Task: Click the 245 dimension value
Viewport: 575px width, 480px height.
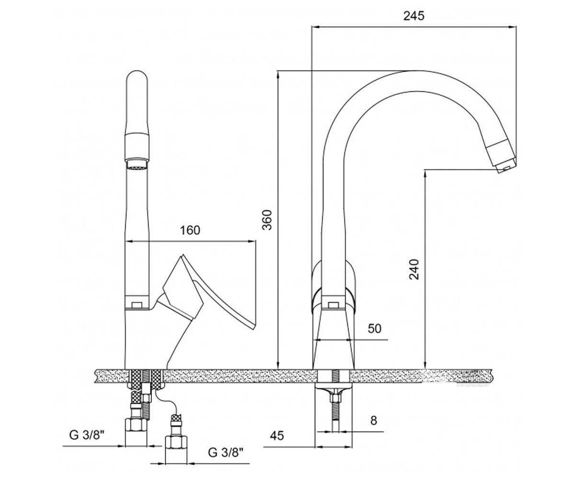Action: coord(414,16)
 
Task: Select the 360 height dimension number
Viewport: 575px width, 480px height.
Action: coord(267,220)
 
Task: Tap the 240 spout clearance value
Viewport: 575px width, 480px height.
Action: coord(414,269)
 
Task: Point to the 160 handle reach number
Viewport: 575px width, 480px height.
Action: coord(190,230)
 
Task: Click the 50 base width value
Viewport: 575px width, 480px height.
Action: coord(375,328)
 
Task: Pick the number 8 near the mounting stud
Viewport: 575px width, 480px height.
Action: coord(373,420)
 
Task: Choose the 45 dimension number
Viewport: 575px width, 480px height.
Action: coord(277,435)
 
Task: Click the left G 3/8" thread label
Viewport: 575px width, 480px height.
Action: coord(87,435)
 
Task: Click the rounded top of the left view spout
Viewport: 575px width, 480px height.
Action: coord(137,79)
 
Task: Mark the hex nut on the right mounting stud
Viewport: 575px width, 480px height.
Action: coord(336,398)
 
